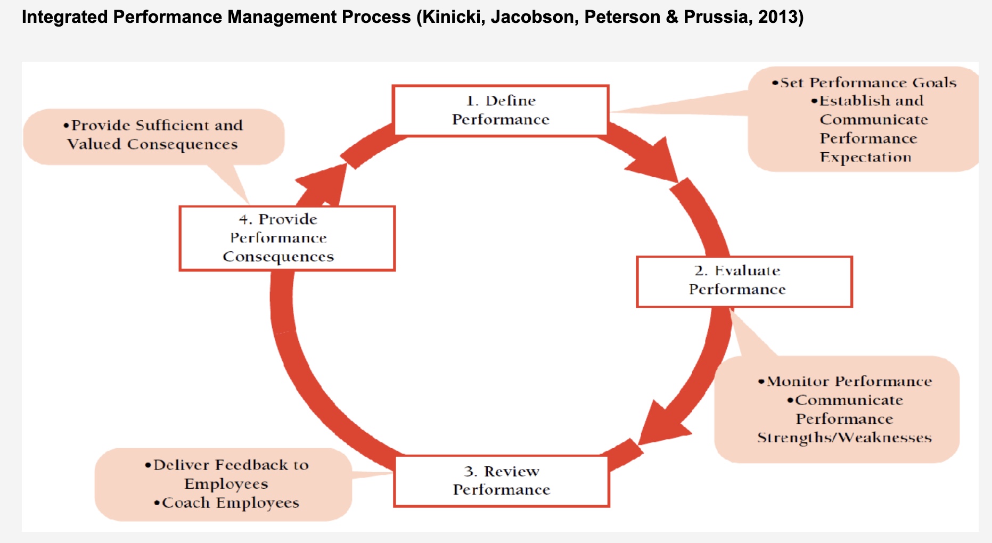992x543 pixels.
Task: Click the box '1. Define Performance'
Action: click(x=501, y=110)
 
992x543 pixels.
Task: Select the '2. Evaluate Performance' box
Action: click(x=744, y=281)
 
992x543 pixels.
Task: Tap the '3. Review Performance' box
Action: click(x=501, y=480)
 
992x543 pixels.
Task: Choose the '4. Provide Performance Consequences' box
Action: click(x=287, y=238)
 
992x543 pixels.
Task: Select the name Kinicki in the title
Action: click(x=453, y=17)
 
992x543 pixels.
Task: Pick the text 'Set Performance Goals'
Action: click(x=868, y=83)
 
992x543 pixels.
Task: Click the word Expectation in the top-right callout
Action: click(x=865, y=158)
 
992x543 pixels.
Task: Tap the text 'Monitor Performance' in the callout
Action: click(x=849, y=381)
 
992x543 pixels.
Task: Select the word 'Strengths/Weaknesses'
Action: click(x=844, y=438)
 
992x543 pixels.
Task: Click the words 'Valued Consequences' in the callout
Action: click(x=152, y=144)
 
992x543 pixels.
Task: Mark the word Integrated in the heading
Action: click(x=64, y=17)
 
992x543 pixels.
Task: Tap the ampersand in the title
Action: click(x=671, y=17)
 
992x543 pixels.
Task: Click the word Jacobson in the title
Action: click(x=534, y=17)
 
